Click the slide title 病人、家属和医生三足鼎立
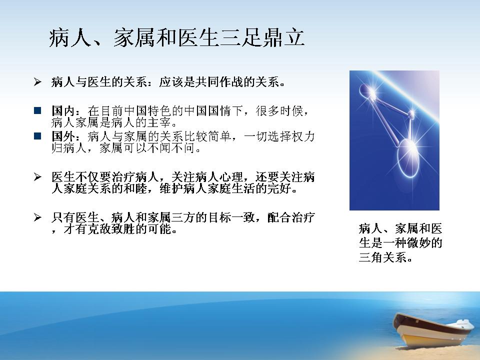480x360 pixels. [177, 38]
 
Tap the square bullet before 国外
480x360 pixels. [37, 136]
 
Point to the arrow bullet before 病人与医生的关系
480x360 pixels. [37, 81]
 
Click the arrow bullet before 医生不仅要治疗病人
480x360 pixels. [37, 176]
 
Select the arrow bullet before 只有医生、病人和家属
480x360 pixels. [37, 217]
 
